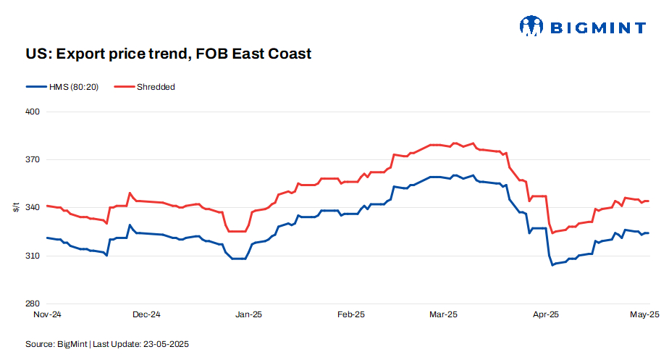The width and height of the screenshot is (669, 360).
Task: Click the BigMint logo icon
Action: point(531,27)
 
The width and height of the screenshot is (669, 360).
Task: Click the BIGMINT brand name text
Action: point(598,28)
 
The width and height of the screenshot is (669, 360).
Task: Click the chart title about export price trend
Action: point(169,54)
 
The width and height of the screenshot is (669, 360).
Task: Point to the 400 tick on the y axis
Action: point(31,112)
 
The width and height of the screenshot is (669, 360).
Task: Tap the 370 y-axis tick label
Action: point(31,160)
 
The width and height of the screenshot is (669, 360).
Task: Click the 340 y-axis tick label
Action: point(31,208)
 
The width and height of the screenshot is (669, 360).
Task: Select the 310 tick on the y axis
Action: point(31,256)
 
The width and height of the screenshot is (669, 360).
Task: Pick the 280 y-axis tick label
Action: point(31,304)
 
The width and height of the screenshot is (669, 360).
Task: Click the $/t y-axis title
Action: point(16,208)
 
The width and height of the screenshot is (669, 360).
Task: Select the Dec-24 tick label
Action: point(147,314)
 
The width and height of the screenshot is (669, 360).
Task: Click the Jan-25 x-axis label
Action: point(249,314)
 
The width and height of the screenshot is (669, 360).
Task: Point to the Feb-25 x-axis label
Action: point(350,314)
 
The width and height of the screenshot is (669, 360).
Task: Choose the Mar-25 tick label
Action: point(443,314)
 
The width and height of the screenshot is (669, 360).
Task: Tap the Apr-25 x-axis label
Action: point(545,314)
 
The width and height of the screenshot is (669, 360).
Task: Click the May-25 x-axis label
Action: point(644,314)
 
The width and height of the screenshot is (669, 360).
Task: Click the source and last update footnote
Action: point(107,343)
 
